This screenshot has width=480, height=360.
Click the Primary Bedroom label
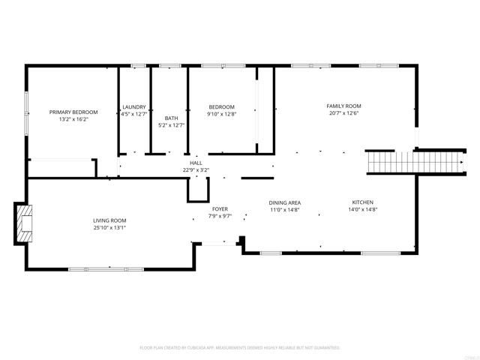73,112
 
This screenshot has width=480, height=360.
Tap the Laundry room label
133,107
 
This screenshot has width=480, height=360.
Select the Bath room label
171,118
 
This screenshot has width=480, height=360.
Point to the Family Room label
343,106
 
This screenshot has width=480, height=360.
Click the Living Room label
109,220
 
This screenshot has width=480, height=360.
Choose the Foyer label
220,208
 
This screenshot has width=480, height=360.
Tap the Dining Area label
285,203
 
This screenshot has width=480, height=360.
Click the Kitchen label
363,202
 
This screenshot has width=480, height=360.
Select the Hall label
196,163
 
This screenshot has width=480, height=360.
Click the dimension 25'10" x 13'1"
109,228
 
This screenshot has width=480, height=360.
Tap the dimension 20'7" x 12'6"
343,114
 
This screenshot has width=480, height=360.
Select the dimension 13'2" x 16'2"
73,119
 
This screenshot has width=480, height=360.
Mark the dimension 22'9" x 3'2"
196,170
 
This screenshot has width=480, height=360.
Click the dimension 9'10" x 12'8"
221,115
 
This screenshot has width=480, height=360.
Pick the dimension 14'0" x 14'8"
363,210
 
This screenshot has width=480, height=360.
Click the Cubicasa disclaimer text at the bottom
240,348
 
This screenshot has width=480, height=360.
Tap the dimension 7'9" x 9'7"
220,216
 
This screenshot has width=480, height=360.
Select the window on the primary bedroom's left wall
27,112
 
